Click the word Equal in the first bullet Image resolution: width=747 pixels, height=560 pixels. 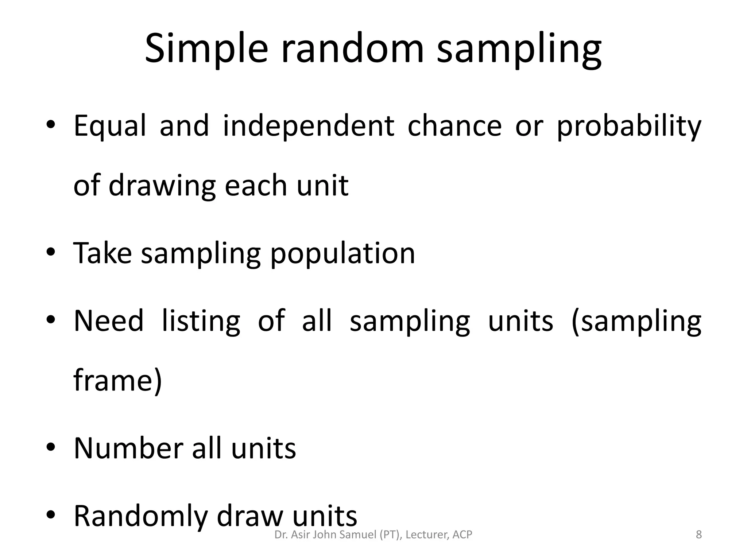(110, 126)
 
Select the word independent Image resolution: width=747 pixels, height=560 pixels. (309, 126)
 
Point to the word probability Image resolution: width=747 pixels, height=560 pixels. (629, 126)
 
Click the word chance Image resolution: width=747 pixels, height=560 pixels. (454, 126)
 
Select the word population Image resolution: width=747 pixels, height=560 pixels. (342, 254)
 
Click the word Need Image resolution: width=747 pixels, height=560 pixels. (109, 321)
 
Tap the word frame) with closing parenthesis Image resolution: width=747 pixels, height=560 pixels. (117, 381)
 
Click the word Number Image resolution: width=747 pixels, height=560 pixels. (127, 448)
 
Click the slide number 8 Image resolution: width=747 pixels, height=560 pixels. (698, 535)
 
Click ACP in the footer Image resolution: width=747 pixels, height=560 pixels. (462, 535)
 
